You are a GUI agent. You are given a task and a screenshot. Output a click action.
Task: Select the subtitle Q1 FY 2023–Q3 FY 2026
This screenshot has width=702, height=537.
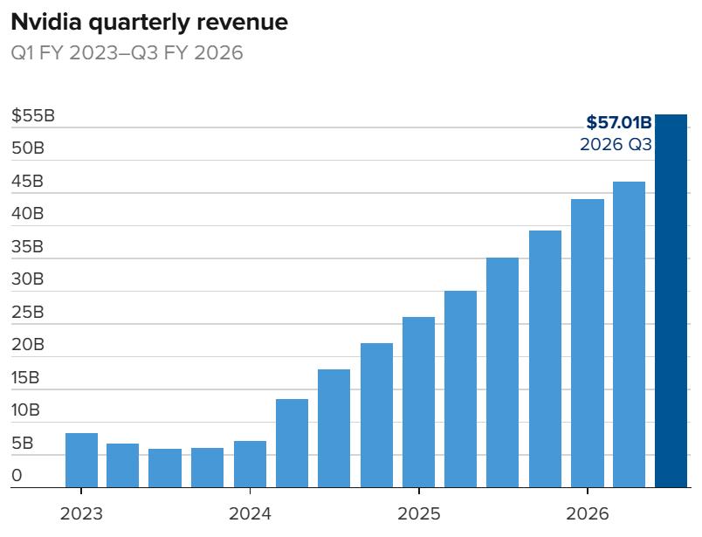click(127, 53)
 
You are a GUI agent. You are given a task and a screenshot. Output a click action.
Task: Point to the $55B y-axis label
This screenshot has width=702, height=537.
click(33, 115)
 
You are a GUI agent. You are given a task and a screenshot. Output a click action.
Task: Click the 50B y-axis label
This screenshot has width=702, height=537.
click(28, 148)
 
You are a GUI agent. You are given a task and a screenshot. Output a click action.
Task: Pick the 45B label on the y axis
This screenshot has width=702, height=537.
click(28, 182)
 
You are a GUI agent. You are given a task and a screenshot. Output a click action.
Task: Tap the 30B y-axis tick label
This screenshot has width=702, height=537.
click(28, 279)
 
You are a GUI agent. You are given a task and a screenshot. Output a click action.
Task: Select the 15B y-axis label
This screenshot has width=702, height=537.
click(26, 378)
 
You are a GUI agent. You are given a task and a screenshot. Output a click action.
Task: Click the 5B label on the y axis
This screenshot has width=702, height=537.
click(24, 444)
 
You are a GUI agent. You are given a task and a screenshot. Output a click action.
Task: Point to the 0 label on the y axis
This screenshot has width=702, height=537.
click(17, 477)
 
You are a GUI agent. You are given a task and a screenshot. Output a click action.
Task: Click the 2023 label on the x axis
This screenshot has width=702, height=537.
click(81, 513)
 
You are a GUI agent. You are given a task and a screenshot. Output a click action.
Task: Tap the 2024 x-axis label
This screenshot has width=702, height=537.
click(250, 513)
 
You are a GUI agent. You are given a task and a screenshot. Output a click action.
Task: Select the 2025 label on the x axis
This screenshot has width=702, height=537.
click(418, 513)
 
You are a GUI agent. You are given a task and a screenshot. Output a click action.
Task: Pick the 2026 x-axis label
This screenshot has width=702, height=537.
click(587, 513)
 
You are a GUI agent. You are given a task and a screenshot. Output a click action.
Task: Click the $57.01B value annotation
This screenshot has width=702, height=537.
click(618, 122)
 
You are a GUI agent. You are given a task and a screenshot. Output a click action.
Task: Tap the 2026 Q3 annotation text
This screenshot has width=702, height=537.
click(616, 145)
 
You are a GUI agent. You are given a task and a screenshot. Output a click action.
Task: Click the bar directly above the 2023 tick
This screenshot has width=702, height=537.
click(81, 460)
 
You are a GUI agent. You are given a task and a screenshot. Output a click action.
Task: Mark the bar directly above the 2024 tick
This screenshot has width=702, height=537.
click(250, 465)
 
